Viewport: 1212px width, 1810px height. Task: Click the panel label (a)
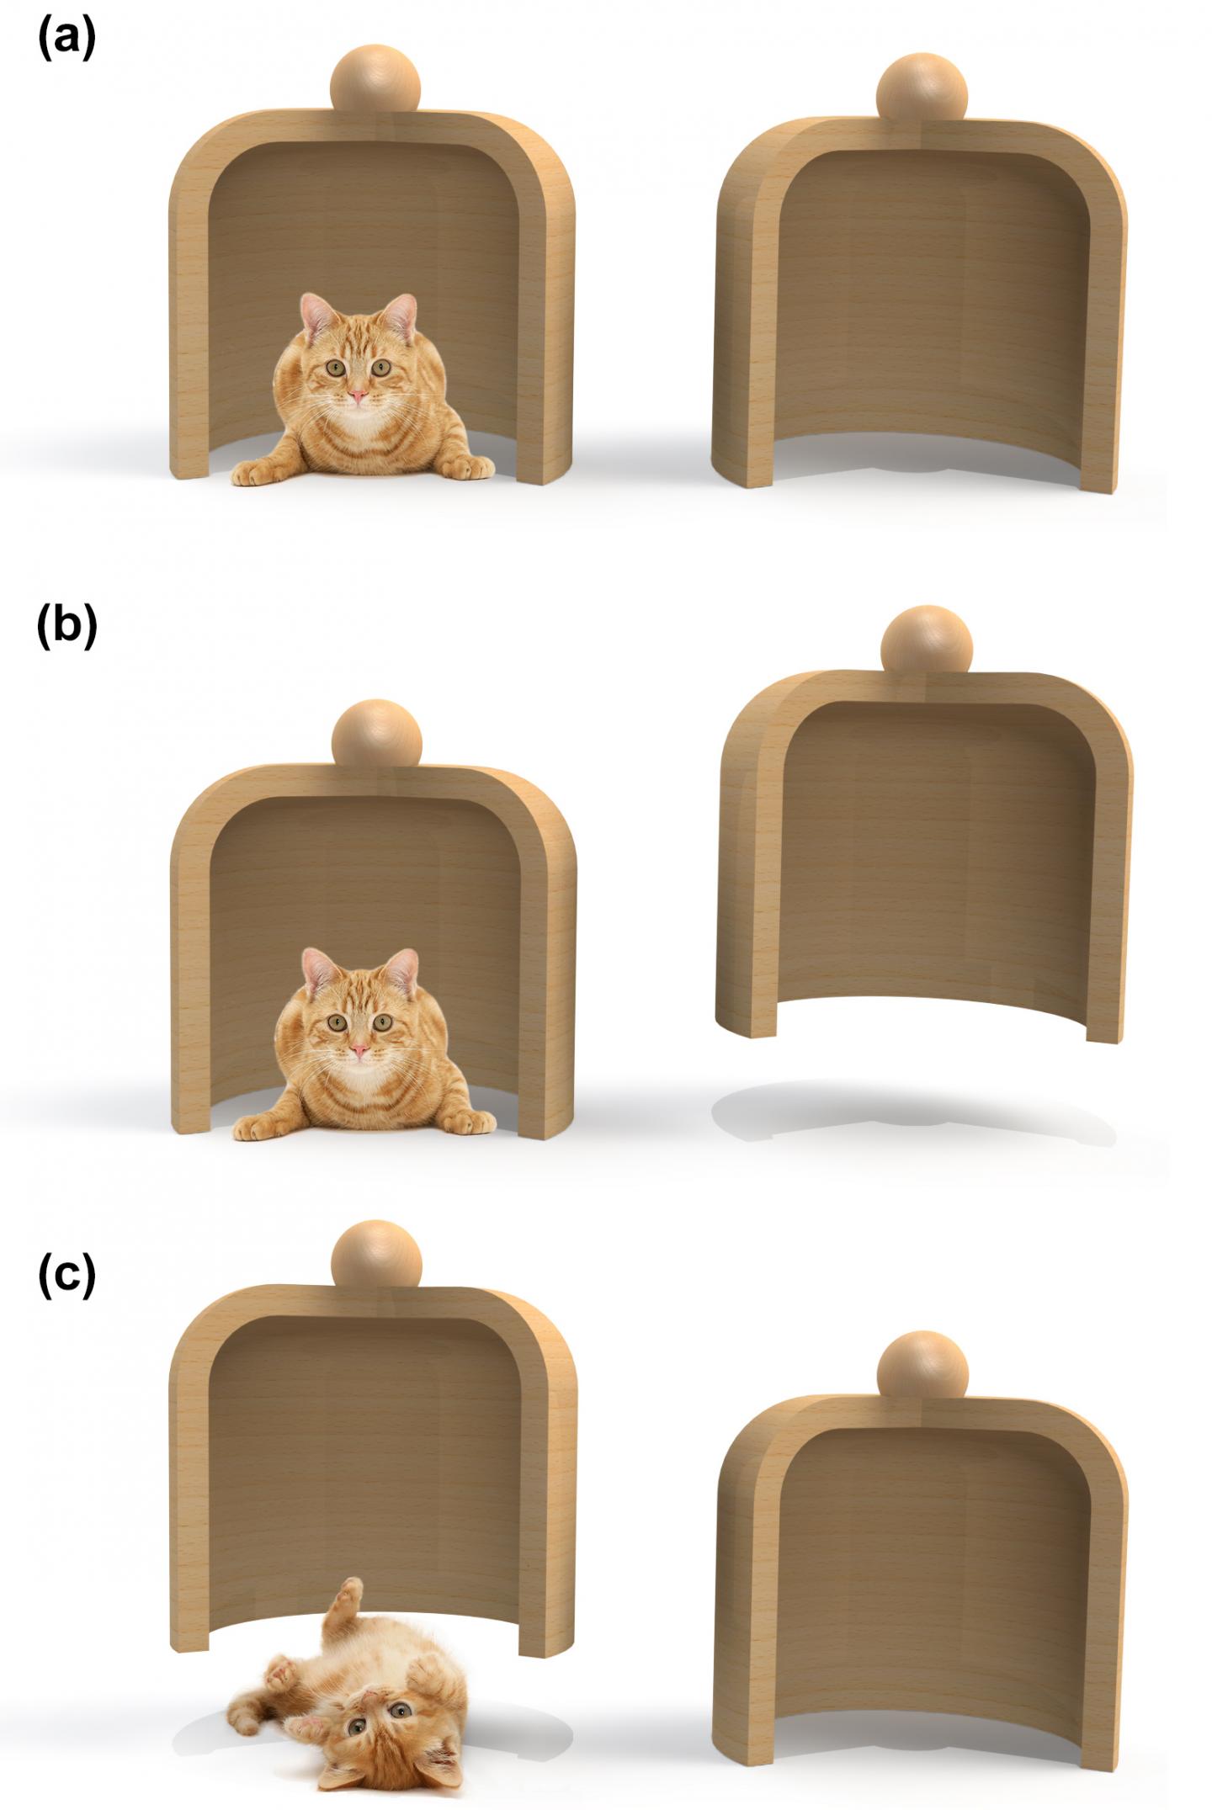click(66, 40)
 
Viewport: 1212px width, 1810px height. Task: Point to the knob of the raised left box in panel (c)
click(375, 1255)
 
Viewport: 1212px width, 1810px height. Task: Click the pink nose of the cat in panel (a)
click(358, 395)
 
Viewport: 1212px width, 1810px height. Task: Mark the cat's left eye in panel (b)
click(384, 1022)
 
